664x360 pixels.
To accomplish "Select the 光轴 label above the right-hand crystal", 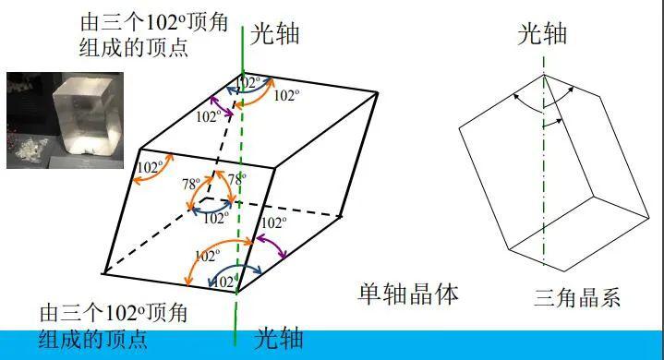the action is coord(541,35).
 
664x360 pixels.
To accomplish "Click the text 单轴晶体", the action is coord(408,294).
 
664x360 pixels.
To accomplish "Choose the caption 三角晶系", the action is coord(577,297).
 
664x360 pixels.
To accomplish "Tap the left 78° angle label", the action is coord(191,184).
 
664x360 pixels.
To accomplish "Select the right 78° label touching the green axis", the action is coord(237,180).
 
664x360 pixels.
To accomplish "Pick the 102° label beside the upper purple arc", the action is coord(210,117).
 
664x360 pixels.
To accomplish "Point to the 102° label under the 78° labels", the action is coord(214,219).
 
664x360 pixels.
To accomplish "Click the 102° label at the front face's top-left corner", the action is coord(150,167).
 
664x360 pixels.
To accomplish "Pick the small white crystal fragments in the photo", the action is coord(35,145).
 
